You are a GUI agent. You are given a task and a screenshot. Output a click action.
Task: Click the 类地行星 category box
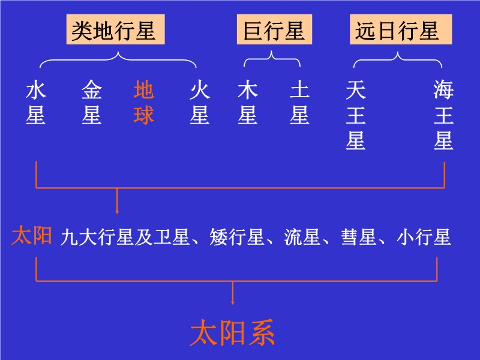[x=114, y=31]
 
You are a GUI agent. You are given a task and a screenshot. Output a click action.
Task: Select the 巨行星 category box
[x=274, y=31]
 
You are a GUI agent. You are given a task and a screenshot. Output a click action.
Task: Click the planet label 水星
[x=36, y=103]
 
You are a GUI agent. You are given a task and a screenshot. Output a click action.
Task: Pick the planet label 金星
[x=92, y=103]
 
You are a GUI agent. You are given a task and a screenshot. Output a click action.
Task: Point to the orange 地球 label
[x=144, y=103]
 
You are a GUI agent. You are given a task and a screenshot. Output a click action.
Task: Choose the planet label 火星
[x=199, y=103]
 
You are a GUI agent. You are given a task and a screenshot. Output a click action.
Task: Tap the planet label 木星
[x=248, y=103]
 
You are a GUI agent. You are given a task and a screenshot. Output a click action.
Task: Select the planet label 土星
[x=299, y=103]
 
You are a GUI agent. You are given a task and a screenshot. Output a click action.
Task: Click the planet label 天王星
[x=356, y=116]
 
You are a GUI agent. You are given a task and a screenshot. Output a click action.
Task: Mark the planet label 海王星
[x=444, y=116]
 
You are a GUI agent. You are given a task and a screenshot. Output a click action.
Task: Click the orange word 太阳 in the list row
[x=32, y=236]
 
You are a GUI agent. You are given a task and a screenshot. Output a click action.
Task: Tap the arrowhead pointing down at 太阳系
[x=233, y=301]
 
